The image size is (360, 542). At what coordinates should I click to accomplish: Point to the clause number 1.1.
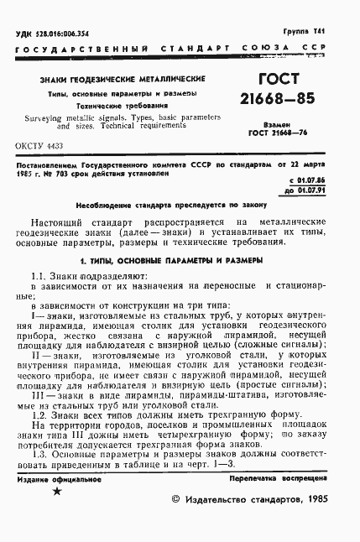coord(39,276)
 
